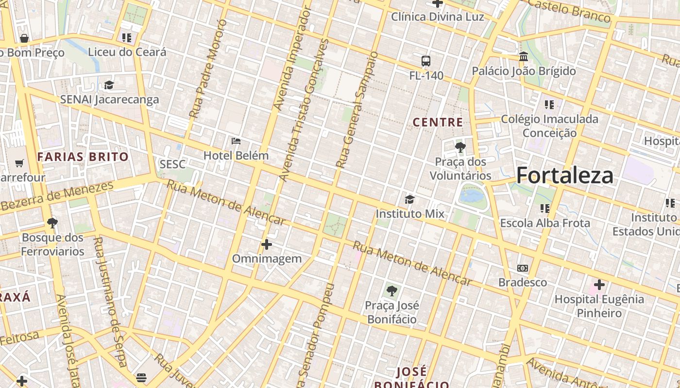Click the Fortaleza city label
(564, 175)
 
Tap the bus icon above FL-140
(426, 61)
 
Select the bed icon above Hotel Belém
(236, 141)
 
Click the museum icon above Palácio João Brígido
(524, 57)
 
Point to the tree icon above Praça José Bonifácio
(391, 291)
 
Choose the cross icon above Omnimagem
(267, 244)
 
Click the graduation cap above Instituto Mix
(410, 199)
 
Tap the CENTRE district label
(438, 122)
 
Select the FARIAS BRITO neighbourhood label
(83, 157)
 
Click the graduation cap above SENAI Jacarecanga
(109, 85)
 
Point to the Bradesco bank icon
(523, 268)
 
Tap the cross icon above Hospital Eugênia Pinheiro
(599, 285)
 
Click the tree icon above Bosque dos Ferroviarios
(52, 223)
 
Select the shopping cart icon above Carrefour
(19, 163)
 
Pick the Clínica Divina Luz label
(437, 17)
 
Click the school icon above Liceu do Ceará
(127, 38)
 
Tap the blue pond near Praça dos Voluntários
(472, 196)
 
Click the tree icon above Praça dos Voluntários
(460, 147)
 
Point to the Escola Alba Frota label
(545, 223)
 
